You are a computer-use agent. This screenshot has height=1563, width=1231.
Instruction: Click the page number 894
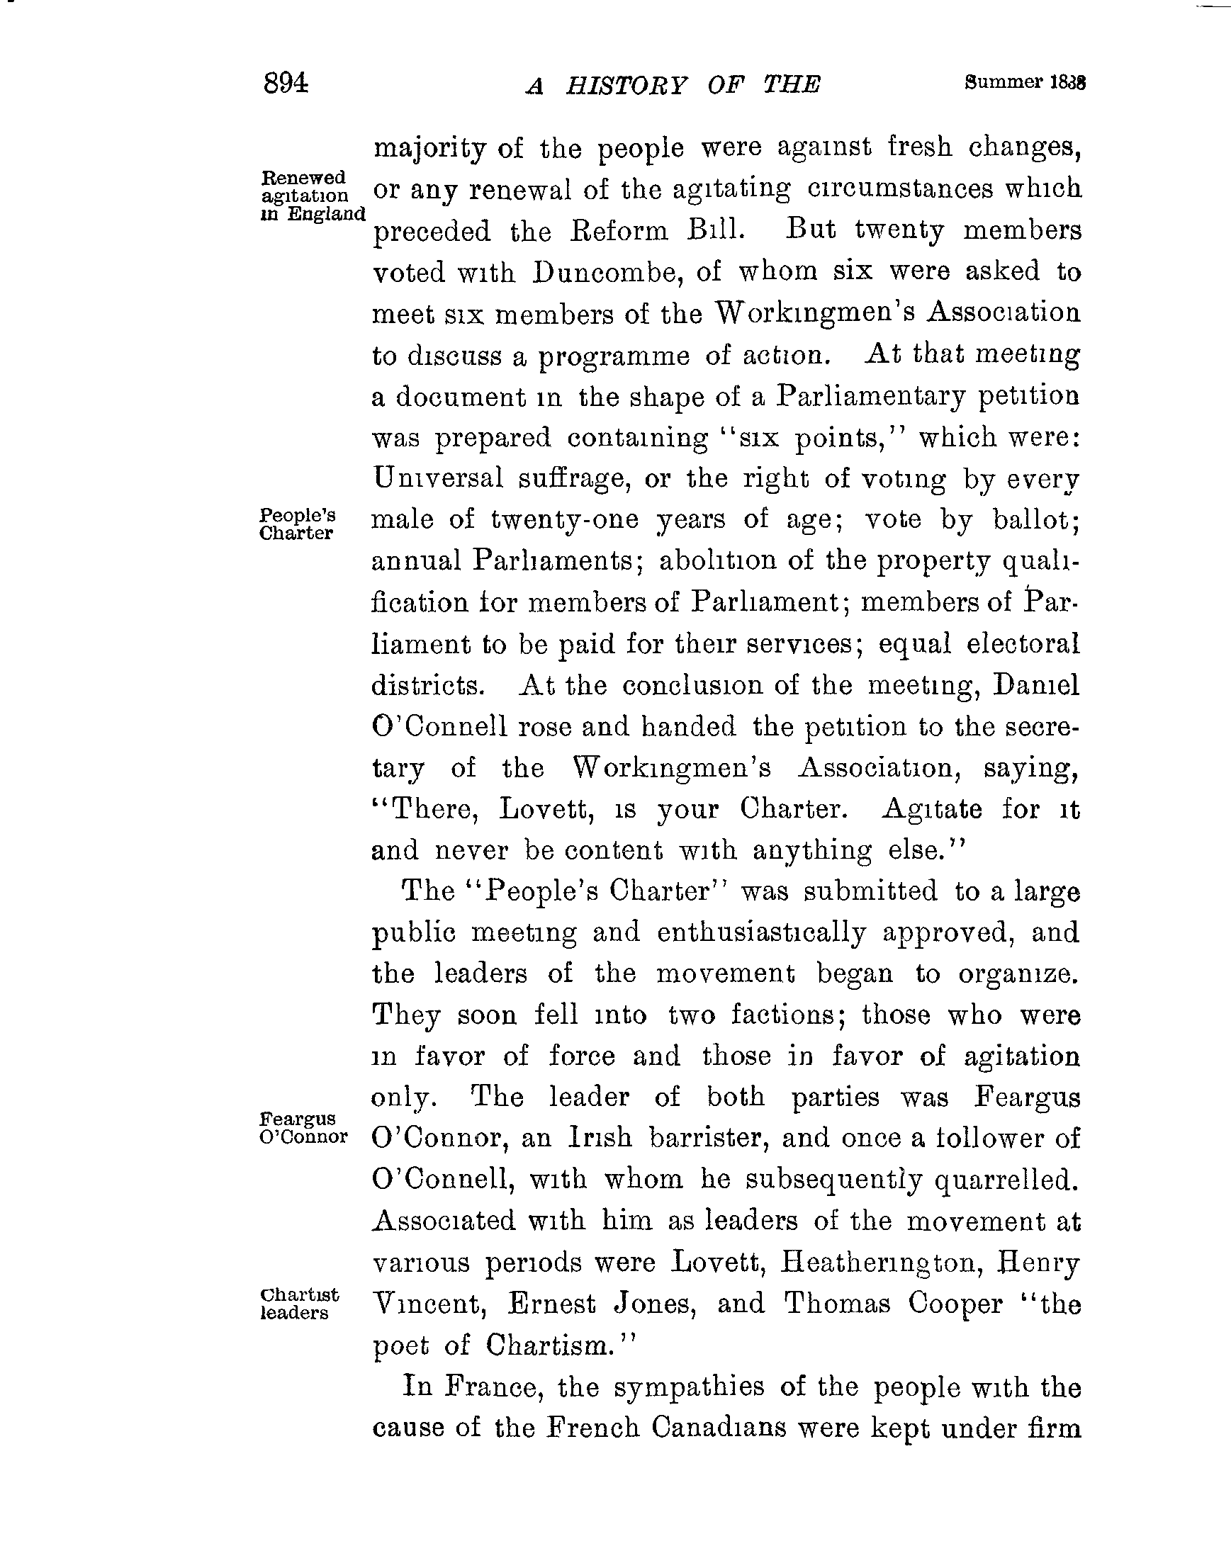click(x=286, y=84)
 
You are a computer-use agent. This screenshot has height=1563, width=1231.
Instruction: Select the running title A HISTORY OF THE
click(x=673, y=86)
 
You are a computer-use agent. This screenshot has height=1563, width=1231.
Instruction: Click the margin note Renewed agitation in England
click(x=311, y=196)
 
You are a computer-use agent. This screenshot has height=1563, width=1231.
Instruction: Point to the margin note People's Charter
click(x=297, y=524)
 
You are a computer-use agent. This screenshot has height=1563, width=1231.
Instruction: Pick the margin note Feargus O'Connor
click(x=303, y=1128)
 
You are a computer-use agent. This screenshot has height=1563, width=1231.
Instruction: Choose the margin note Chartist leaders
click(x=298, y=1304)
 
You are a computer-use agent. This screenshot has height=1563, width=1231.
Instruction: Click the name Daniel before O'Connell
click(x=1035, y=684)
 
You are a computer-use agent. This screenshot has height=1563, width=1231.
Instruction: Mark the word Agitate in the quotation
click(x=931, y=809)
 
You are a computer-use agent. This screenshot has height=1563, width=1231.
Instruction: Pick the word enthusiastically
click(x=761, y=933)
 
